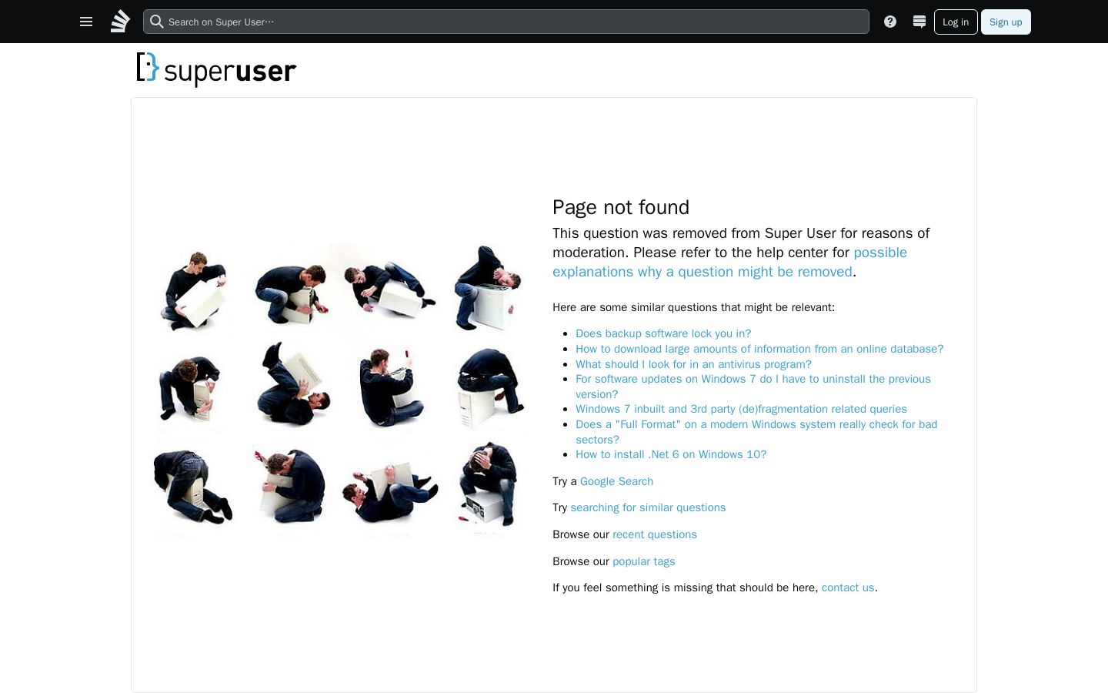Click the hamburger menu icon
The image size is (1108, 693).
86,22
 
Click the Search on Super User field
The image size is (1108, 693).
506,22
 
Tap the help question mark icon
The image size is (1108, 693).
889,22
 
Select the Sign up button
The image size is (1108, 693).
1006,22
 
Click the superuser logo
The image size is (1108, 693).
216,69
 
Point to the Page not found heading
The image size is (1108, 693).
621,207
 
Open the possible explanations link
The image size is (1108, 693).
729,262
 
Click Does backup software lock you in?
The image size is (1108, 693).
663,333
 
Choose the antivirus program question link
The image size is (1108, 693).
693,363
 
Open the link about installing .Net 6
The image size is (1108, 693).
671,454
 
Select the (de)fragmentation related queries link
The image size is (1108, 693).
741,409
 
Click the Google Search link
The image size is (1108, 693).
616,481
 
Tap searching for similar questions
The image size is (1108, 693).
648,507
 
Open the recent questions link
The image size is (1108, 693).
654,534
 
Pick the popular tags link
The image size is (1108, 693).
643,561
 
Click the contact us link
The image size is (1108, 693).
848,588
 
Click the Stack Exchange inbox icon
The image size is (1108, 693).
919,22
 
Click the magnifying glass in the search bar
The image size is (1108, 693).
156,22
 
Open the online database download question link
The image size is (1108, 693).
759,349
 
